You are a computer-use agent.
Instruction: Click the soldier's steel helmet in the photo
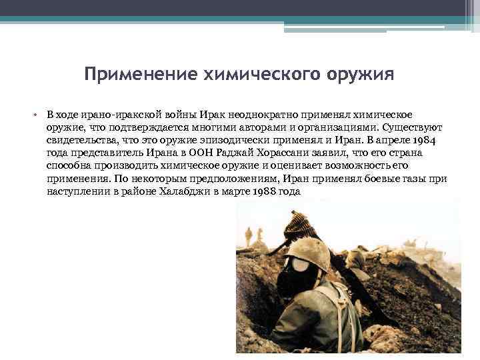coord(307,253)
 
